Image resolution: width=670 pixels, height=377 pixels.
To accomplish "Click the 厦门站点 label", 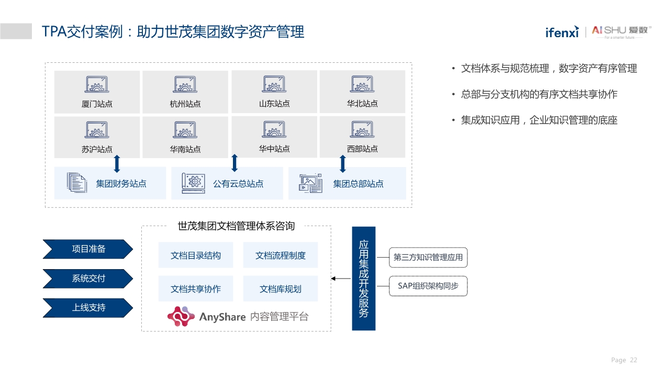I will [x=97, y=104].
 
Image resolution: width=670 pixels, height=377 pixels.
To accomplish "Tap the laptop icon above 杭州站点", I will [x=185, y=85].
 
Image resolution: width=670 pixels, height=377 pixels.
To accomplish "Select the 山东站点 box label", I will [x=274, y=104].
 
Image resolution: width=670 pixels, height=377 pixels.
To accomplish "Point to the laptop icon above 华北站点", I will [x=362, y=84].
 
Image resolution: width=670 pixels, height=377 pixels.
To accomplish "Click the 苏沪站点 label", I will [x=97, y=149].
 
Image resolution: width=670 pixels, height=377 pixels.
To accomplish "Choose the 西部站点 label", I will [x=362, y=149].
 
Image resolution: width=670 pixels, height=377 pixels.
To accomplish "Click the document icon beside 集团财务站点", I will [x=77, y=183].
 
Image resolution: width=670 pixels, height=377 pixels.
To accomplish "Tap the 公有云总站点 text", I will [x=238, y=184].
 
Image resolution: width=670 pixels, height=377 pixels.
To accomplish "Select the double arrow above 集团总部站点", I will [x=343, y=163].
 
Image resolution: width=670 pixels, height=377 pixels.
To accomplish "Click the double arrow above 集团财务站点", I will [x=117, y=163].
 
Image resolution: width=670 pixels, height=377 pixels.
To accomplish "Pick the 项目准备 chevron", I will [x=87, y=249].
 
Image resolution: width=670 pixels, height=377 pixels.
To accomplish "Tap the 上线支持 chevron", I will [x=87, y=308].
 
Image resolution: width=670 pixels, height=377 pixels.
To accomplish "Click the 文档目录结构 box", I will [x=196, y=256].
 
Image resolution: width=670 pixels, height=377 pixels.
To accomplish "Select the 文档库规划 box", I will [x=281, y=289].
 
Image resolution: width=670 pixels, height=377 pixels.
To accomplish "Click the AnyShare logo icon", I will [x=181, y=316].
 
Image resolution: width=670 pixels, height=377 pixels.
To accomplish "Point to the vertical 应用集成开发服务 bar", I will [x=364, y=279].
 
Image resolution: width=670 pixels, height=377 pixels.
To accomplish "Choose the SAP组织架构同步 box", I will [x=428, y=286].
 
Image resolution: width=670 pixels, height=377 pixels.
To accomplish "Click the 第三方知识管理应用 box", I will [x=428, y=258].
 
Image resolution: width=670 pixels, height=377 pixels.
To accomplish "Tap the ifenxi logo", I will [x=562, y=32].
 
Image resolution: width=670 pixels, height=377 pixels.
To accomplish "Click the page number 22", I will [x=633, y=360].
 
